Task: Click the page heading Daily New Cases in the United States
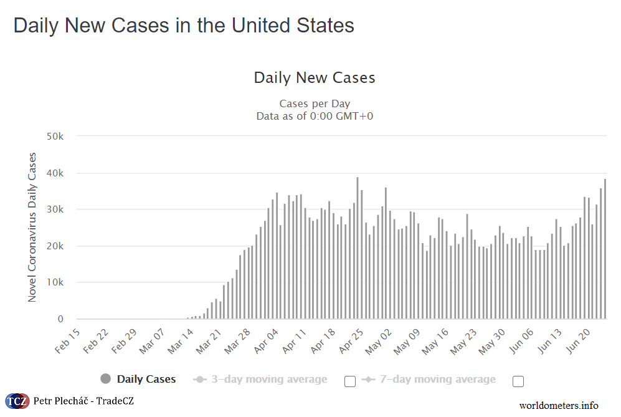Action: pyautogui.click(x=184, y=26)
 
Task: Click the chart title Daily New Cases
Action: pyautogui.click(x=315, y=78)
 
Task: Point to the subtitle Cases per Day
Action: pyautogui.click(x=315, y=103)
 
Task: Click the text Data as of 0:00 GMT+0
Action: pyautogui.click(x=315, y=116)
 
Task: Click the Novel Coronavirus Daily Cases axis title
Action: pyautogui.click(x=32, y=227)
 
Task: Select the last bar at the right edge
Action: pyautogui.click(x=605, y=249)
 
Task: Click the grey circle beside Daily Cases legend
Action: pyautogui.click(x=106, y=379)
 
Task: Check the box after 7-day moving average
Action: pyautogui.click(x=518, y=381)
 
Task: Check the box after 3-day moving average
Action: pyautogui.click(x=350, y=381)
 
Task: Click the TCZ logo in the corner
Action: pyautogui.click(x=16, y=401)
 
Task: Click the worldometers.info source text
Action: pyautogui.click(x=559, y=405)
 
